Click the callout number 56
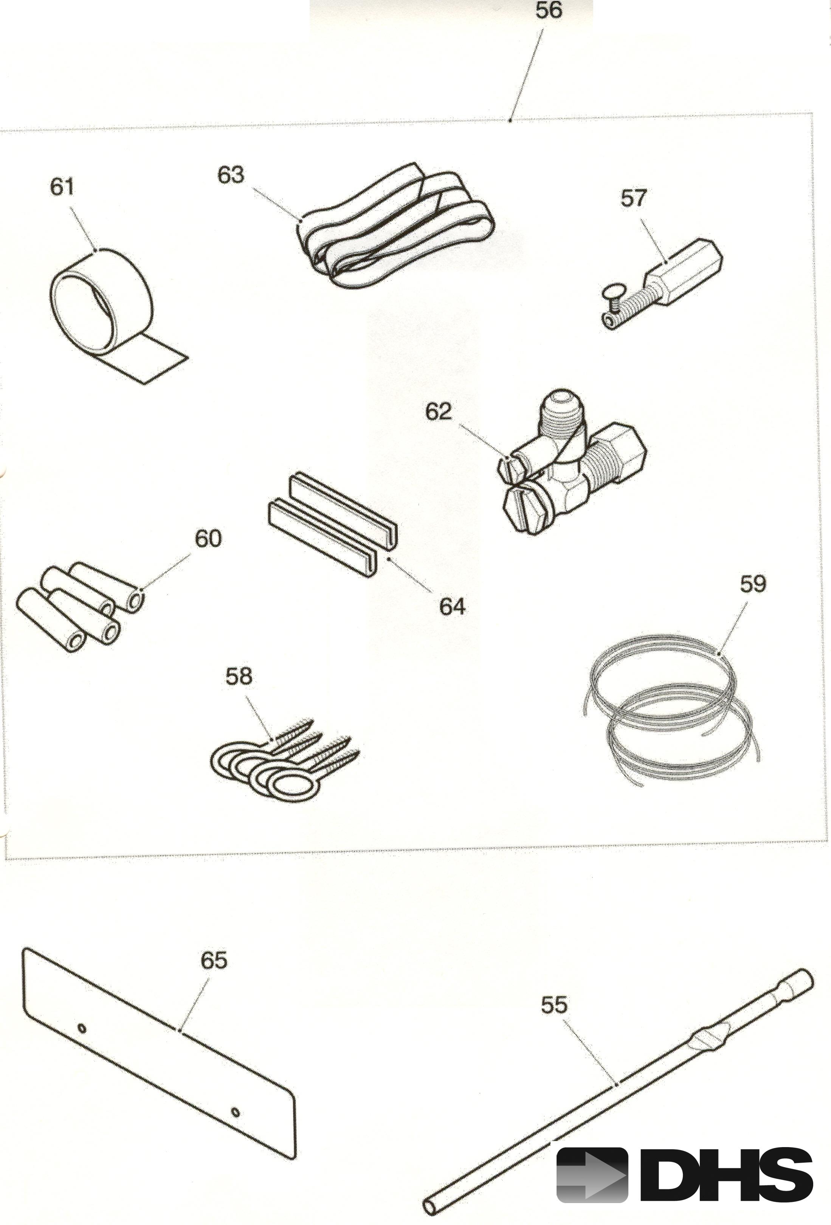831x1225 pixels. (x=549, y=11)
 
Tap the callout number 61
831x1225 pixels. (x=62, y=187)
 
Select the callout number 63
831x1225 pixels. (x=231, y=174)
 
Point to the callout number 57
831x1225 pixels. (x=633, y=199)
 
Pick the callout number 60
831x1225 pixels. (x=208, y=539)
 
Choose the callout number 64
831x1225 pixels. (x=453, y=607)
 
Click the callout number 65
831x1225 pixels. (x=214, y=960)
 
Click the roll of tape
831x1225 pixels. (x=105, y=311)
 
